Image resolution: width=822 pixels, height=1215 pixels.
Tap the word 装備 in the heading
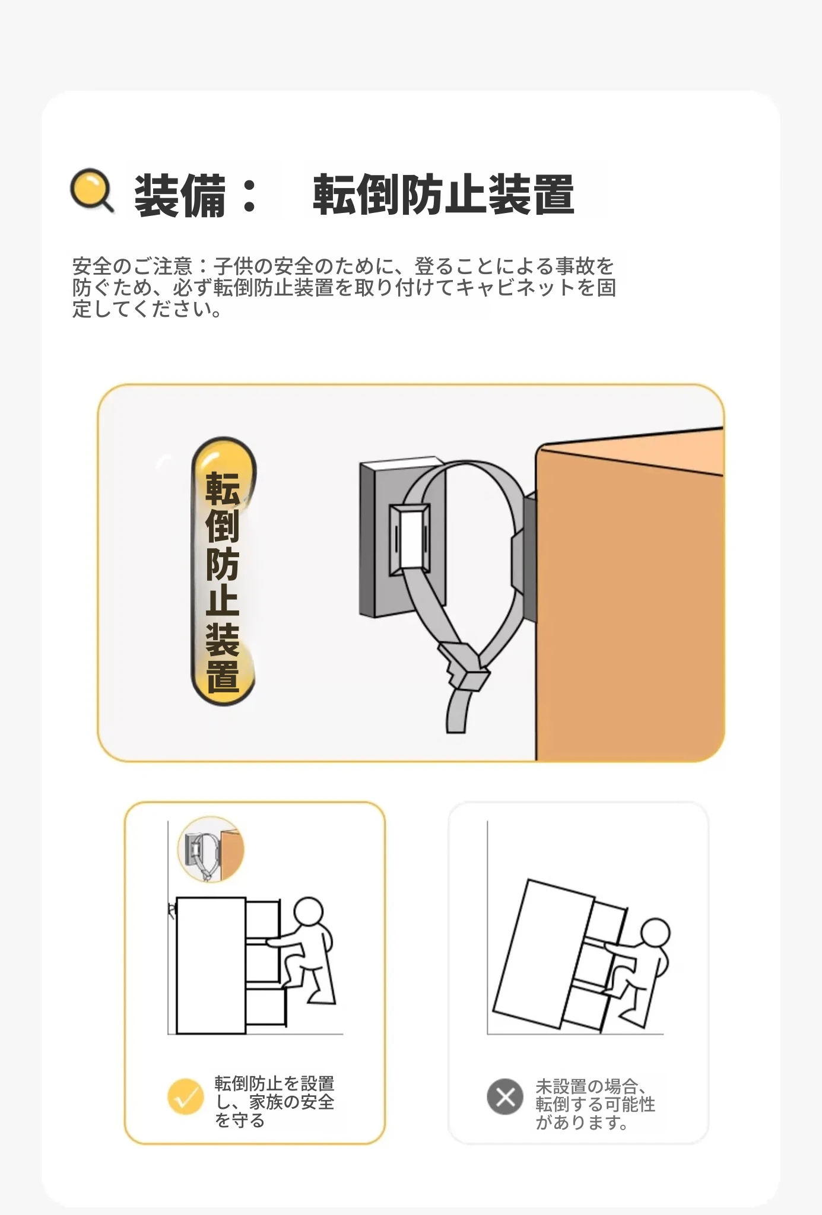coord(180,195)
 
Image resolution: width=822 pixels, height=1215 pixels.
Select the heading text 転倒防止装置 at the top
coord(443,195)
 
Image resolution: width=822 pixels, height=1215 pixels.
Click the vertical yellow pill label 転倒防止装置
coord(223,571)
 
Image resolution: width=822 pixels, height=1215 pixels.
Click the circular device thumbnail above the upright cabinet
coord(211,849)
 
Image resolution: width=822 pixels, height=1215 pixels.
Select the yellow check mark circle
coord(186,1096)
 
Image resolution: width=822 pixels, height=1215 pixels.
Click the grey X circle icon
coord(505,1097)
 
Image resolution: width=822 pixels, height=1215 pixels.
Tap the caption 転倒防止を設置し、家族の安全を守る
coord(275,1102)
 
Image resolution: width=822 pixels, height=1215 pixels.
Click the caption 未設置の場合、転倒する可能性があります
coord(595,1104)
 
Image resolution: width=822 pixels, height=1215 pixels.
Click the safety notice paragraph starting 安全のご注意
coord(344,287)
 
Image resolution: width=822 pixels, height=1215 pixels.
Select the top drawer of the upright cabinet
coord(262,920)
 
